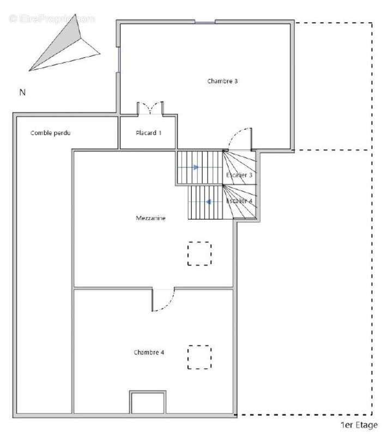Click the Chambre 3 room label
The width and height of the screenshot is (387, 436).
[222, 81]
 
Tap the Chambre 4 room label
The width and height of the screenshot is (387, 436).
[149, 352]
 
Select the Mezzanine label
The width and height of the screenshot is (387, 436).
[150, 218]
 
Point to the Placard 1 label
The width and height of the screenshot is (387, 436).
[148, 132]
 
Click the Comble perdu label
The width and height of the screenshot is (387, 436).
[51, 132]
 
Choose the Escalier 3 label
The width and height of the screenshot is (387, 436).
[239, 175]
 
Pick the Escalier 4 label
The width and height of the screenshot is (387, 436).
[239, 201]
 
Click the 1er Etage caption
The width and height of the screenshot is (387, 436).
[359, 425]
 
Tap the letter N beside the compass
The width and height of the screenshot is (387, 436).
[22, 92]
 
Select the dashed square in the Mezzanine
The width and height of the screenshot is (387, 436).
[199, 253]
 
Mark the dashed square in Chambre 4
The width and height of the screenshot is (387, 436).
[199, 357]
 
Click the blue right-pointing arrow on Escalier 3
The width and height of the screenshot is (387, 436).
[196, 167]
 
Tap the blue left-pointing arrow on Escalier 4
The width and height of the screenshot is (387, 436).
[208, 202]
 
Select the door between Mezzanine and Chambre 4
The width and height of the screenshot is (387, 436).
[163, 300]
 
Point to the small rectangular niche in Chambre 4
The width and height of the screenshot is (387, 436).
[147, 403]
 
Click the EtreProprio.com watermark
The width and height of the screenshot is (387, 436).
[52, 19]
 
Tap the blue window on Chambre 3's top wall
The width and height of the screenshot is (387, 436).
[205, 22]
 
